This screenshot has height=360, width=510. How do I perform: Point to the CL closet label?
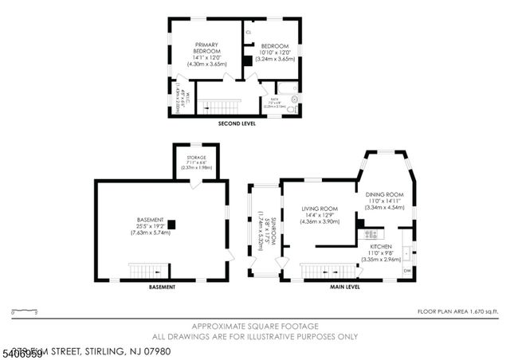click(249, 33)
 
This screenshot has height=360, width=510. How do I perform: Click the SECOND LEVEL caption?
click(237, 125)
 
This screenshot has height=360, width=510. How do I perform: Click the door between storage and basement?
click(194, 184)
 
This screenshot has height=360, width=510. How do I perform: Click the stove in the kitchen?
click(371, 234)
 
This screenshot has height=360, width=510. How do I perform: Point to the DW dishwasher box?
click(407, 271)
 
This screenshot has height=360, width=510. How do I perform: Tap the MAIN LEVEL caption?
click(345, 286)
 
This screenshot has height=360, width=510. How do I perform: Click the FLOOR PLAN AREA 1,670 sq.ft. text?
click(460, 311)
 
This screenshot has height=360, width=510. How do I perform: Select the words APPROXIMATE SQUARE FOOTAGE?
click(254, 326)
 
